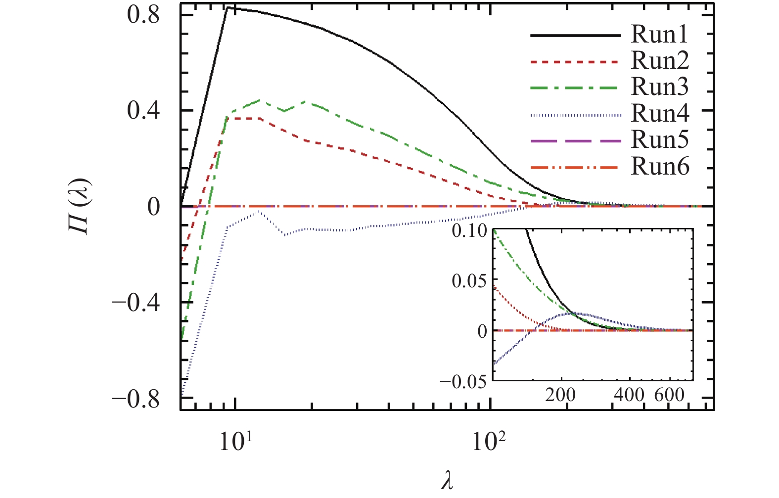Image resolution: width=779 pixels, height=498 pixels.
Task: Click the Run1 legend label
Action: (659, 35)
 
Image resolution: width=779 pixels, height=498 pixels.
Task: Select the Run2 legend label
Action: (660, 61)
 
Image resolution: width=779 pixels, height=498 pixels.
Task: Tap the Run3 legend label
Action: (660, 87)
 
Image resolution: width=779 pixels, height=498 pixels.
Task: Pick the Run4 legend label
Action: (660, 114)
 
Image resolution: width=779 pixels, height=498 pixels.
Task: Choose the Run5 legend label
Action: (660, 140)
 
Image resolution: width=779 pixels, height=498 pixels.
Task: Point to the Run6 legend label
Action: (660, 167)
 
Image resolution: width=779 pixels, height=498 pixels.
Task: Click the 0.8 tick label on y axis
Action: (143, 15)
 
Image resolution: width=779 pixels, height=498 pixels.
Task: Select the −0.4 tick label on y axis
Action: (136, 303)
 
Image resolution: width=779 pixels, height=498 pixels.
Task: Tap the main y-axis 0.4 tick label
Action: (143, 111)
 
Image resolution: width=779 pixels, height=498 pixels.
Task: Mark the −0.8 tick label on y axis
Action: (136, 399)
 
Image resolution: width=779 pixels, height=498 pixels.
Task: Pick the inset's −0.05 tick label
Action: (463, 381)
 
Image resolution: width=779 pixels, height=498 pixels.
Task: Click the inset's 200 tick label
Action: (560, 395)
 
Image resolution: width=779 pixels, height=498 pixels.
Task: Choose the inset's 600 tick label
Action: (669, 395)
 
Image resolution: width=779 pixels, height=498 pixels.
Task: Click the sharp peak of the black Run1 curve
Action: (228, 8)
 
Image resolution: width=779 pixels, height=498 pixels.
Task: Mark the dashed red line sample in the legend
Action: (575, 62)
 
